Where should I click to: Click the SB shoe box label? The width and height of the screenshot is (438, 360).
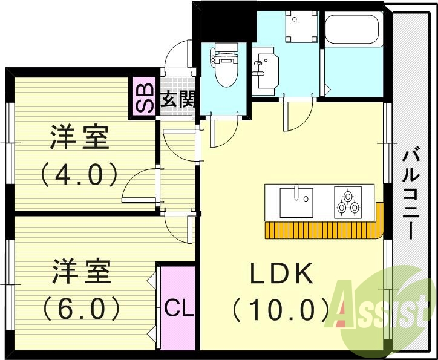click(145, 98)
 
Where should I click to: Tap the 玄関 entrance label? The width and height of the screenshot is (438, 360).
click(177, 100)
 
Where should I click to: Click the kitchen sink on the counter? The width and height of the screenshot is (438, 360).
click(296, 202)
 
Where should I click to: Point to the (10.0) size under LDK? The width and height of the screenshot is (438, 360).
click(281, 310)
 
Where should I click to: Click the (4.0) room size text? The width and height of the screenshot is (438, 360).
click(79, 175)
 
